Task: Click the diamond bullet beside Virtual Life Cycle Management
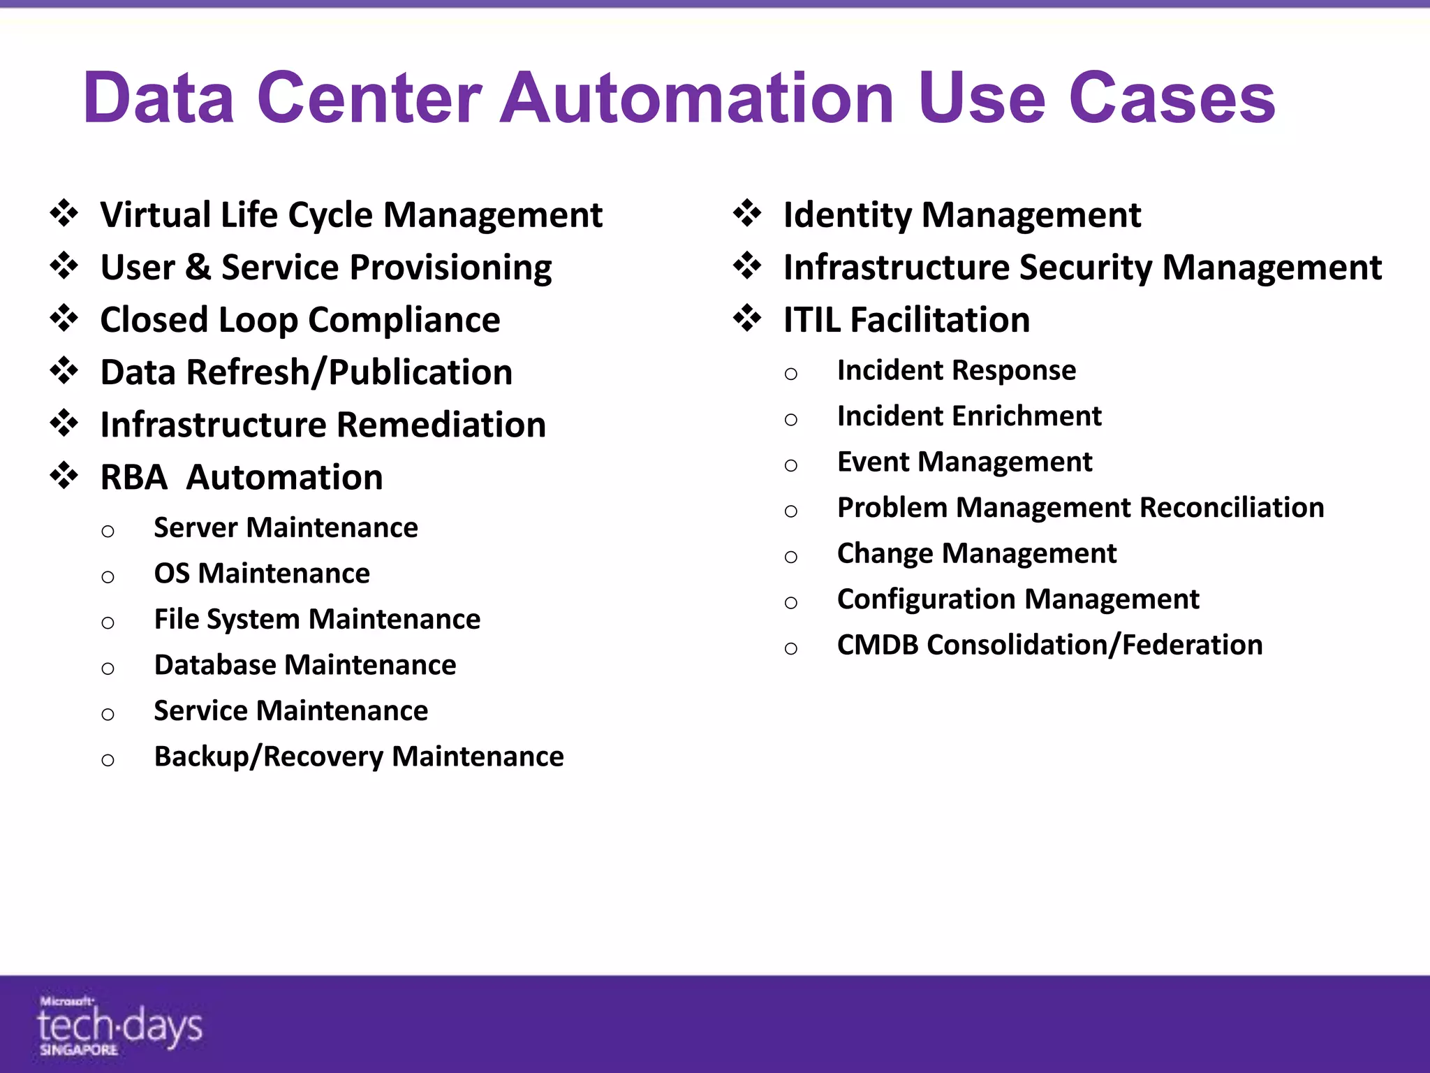coord(64,213)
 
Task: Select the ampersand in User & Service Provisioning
coord(198,268)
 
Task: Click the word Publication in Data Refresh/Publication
coord(420,372)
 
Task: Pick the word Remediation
coord(441,425)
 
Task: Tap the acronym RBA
coord(133,478)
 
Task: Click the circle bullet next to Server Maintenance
coord(108,532)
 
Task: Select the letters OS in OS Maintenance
coord(172,574)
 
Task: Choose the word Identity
coord(847,215)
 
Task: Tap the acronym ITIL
coord(811,321)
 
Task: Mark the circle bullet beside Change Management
coord(790,557)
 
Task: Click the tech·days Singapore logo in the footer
coord(119,1025)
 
